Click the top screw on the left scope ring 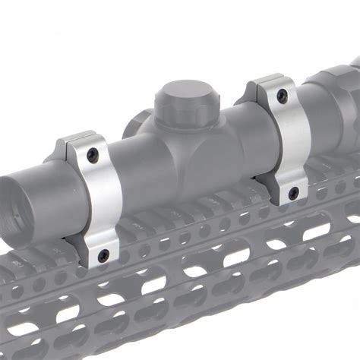pos(93,155)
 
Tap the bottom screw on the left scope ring pos(103,254)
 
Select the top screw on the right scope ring pos(282,96)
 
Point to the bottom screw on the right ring pos(292,194)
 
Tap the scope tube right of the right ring pos(323,129)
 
